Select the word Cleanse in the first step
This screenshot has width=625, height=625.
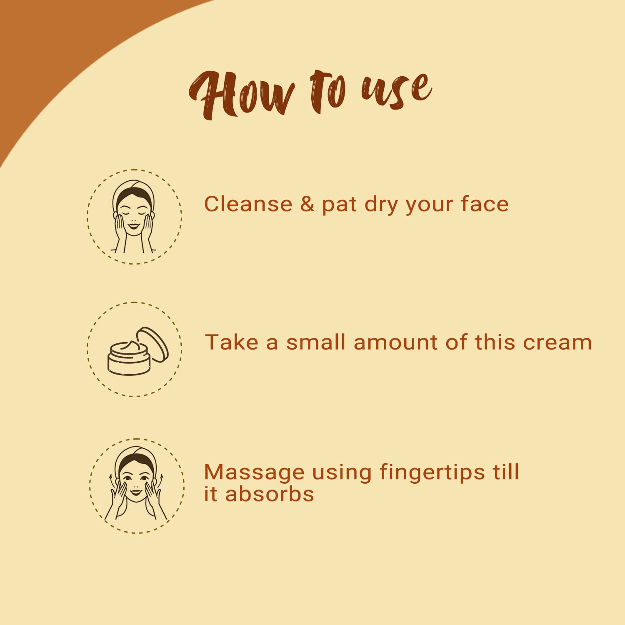(x=248, y=204)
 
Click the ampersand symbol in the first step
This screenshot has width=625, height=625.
(x=307, y=204)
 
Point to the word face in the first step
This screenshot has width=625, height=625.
(x=485, y=204)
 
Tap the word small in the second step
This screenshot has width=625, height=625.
(x=316, y=342)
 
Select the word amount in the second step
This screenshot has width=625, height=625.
(x=396, y=343)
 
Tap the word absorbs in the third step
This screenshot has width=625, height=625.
(x=270, y=494)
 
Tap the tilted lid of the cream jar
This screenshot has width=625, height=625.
(x=153, y=343)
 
